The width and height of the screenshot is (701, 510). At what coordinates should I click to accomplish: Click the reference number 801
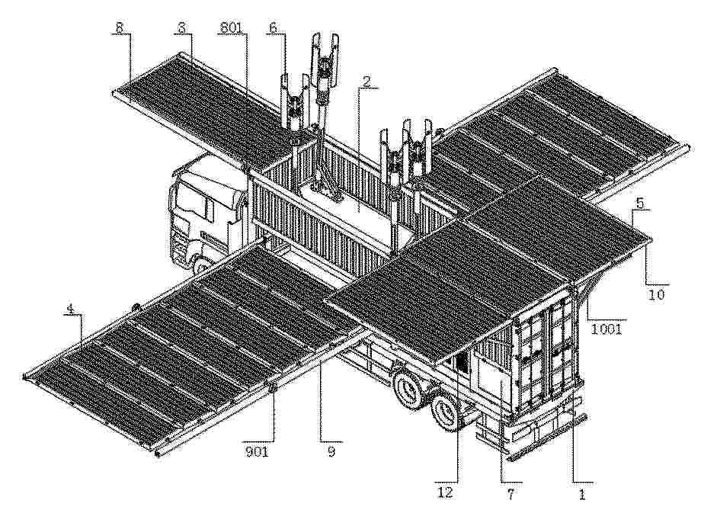tap(231, 27)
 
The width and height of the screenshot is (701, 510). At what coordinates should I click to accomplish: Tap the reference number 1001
tap(607, 329)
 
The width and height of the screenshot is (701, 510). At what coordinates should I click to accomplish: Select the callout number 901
tap(257, 452)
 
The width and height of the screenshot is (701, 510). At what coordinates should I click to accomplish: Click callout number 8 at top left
tap(119, 27)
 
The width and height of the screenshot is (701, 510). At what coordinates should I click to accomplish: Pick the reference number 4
tap(70, 308)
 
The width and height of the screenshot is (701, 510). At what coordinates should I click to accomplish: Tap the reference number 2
tap(367, 82)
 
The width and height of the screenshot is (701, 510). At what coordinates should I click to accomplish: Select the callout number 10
tap(657, 295)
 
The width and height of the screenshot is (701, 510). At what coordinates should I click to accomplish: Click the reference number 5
tap(640, 203)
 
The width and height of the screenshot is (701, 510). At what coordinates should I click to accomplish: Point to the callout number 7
tap(511, 493)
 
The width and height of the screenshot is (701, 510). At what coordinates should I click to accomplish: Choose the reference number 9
tap(331, 452)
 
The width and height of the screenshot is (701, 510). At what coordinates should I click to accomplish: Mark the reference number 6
tap(273, 27)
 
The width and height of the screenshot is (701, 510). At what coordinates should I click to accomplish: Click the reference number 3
tap(181, 27)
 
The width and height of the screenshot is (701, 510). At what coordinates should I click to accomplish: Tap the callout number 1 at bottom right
tap(581, 494)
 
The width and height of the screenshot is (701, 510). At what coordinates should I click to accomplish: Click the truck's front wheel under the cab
tap(202, 266)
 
